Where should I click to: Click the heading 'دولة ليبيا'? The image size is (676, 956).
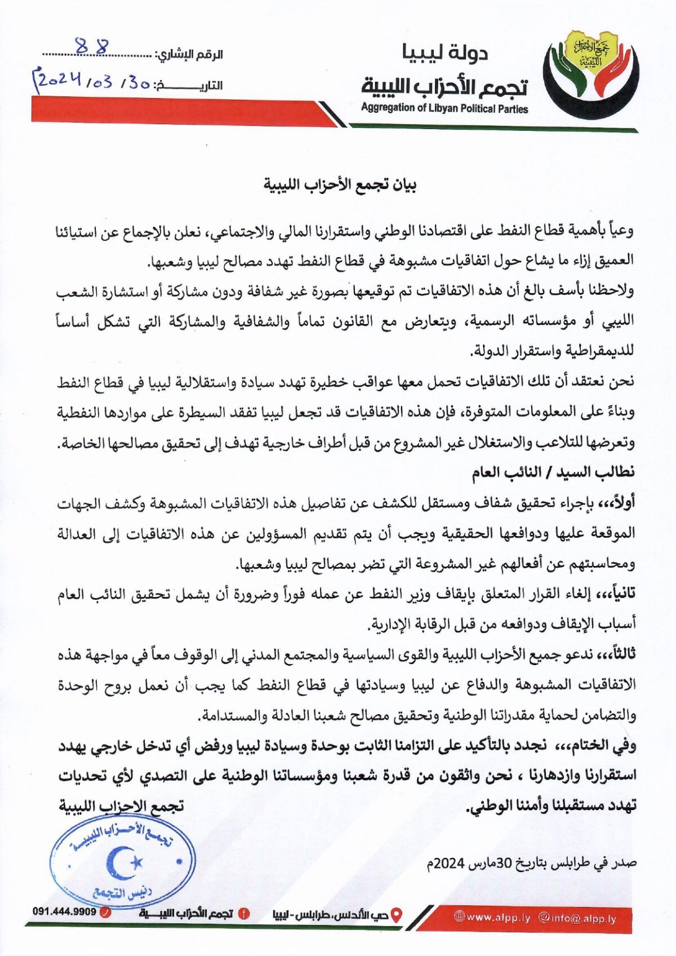point(445,53)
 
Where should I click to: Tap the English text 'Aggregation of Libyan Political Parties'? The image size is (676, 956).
point(444,108)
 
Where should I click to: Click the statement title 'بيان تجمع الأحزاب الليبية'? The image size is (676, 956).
point(341,185)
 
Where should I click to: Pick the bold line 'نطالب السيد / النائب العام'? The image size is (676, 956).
point(553,472)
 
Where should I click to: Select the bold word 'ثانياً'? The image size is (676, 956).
point(622,594)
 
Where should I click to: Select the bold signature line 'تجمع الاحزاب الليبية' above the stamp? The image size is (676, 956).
point(122,806)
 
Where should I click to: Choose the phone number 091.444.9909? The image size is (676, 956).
point(64,911)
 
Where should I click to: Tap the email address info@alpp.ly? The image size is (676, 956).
point(577,918)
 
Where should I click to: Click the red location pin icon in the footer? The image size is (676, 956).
point(397,914)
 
